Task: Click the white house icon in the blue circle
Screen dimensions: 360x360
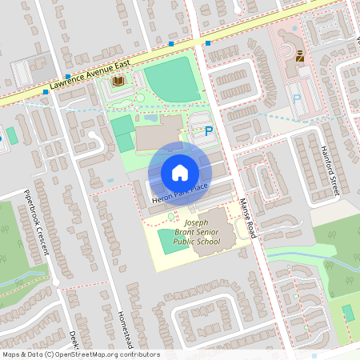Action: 179,172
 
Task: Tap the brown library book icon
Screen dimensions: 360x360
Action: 118,81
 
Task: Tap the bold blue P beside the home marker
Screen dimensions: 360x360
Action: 209,131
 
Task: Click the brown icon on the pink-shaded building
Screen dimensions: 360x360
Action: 300,56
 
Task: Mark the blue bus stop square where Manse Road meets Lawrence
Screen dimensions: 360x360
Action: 208,42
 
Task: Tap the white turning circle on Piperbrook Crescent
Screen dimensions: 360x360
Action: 55,282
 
